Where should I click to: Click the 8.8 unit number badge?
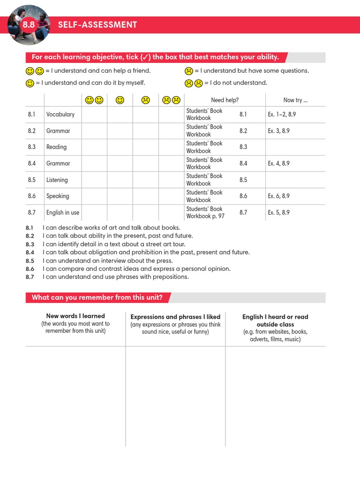29,25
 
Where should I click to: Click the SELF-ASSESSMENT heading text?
97,25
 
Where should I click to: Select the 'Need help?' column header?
225,100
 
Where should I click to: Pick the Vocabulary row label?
60,114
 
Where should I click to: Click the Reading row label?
56,147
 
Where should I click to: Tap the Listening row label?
57,180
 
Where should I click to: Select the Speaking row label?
57,196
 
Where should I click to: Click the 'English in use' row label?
62,213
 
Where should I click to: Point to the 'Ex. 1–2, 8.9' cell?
282,114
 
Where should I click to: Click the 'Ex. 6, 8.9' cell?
278,196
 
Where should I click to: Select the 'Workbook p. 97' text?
205,217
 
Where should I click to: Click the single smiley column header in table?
120,100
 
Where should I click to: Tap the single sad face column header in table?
145,100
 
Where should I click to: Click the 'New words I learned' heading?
75,316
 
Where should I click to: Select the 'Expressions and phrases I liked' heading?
175,317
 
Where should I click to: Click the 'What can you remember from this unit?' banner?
97,298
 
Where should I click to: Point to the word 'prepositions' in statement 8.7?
172,277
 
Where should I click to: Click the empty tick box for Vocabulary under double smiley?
94,114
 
